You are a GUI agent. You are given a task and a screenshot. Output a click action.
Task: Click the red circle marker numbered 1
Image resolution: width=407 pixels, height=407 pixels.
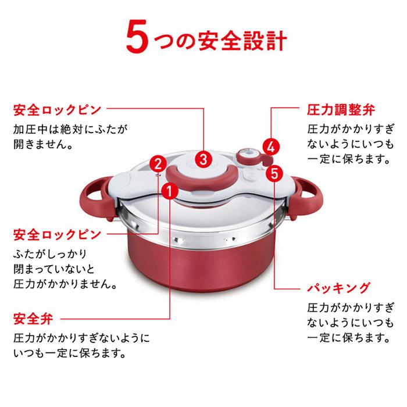click(169, 190)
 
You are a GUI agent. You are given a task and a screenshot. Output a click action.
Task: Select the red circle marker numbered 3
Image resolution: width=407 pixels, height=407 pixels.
click(202, 158)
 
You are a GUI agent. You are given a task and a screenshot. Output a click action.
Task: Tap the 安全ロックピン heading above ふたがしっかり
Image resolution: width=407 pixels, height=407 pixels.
click(57, 235)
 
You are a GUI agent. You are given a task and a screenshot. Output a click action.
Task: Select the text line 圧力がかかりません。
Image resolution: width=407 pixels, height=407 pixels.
click(65, 285)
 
